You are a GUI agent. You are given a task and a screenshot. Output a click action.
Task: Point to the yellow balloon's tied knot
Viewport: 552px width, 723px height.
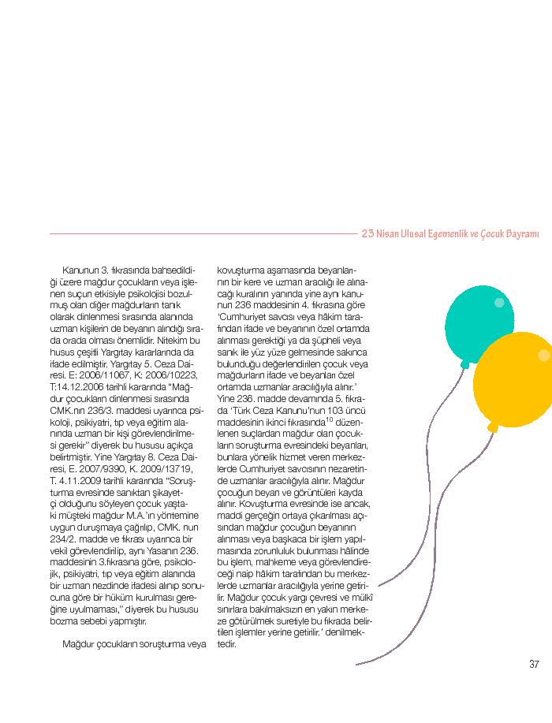pyautogui.click(x=494, y=427)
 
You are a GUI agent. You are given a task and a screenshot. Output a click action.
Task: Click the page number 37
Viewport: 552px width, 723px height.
pyautogui.click(x=533, y=664)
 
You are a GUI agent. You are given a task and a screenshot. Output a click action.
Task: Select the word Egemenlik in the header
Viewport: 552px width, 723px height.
pyautogui.click(x=431, y=234)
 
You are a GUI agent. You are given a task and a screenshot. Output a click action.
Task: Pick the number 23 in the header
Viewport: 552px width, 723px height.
pyautogui.click(x=367, y=234)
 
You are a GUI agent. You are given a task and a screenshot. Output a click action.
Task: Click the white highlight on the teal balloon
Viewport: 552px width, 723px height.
pyautogui.click(x=498, y=303)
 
